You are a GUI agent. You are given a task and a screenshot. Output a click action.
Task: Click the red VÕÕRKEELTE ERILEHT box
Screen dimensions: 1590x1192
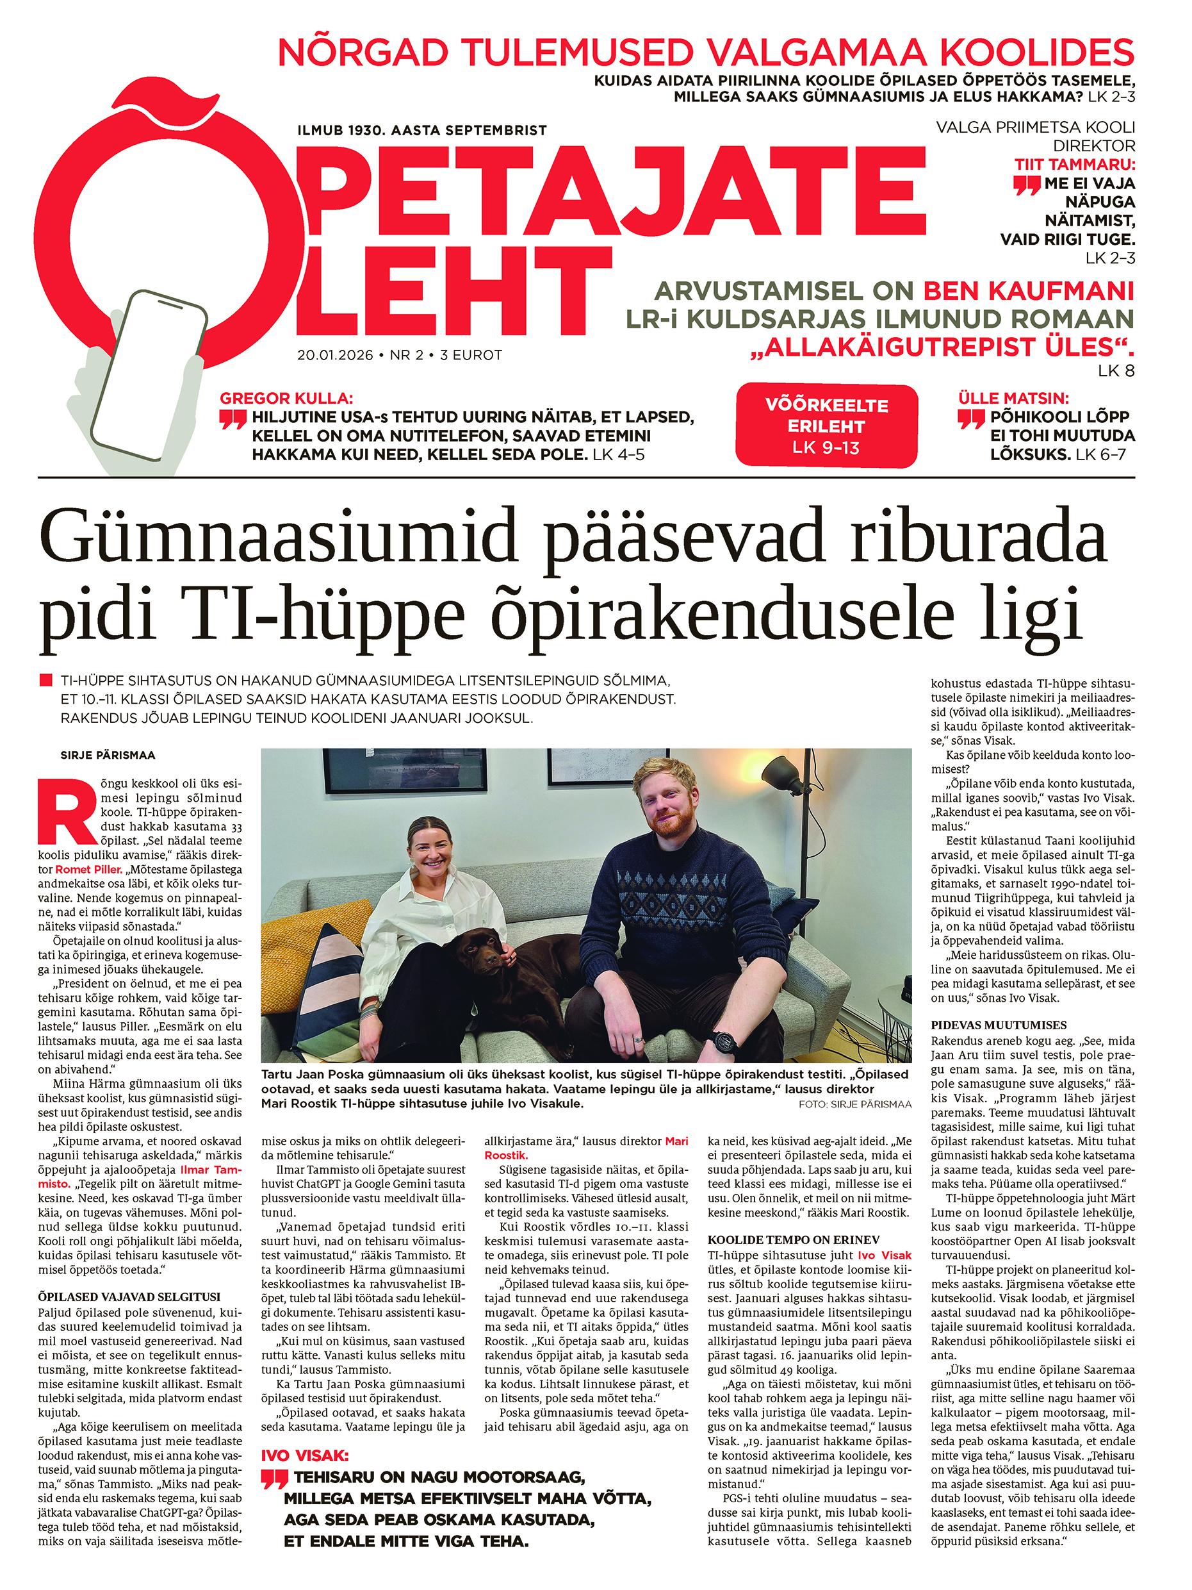[x=826, y=426]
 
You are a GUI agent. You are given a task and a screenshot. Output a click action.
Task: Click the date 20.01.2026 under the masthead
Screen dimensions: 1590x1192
[x=335, y=355]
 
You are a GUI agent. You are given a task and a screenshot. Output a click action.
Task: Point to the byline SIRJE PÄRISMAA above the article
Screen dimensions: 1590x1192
[x=108, y=755]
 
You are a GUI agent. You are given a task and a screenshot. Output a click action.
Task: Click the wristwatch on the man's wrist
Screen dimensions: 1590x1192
[x=721, y=1040]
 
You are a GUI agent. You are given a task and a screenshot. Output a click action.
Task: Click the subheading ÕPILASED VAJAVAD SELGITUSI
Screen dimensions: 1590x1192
[x=129, y=1296]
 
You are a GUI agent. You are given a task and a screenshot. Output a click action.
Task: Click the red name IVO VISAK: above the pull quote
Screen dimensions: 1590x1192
[x=305, y=1456]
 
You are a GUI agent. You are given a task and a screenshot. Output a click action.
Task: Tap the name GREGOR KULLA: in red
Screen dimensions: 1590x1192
[x=286, y=398]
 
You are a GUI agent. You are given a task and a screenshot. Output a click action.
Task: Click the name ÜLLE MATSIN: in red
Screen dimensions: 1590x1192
[x=1013, y=398]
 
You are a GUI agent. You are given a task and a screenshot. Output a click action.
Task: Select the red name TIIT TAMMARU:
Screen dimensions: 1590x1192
[x=1074, y=165]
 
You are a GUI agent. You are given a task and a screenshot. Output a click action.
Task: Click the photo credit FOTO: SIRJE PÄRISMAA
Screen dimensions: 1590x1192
[x=854, y=1104]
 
